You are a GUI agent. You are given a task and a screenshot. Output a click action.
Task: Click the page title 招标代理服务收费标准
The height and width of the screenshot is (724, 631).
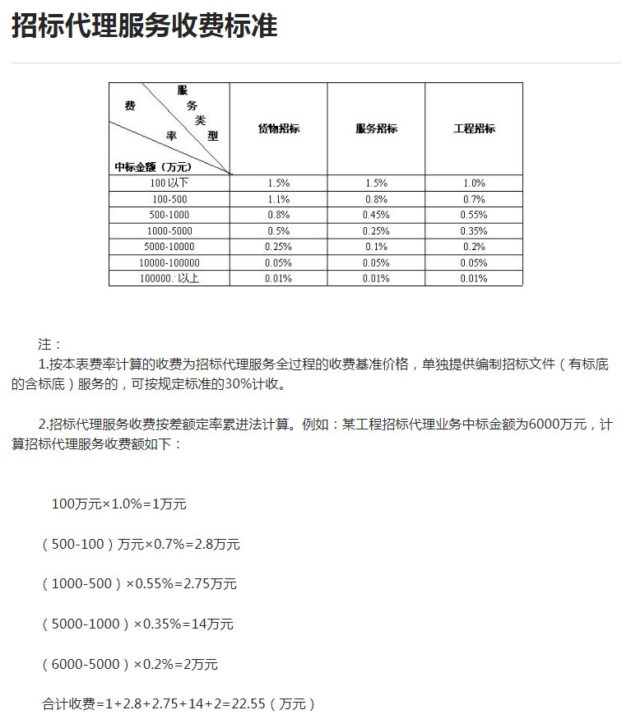145,26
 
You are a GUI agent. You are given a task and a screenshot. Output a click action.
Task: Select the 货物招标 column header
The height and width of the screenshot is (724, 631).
279,128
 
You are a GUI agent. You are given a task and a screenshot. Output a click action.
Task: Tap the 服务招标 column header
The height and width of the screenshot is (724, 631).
376,128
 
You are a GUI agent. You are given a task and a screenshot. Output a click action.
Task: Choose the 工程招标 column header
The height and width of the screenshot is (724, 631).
474,128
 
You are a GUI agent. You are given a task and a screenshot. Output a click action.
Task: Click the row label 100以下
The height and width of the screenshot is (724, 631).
169,183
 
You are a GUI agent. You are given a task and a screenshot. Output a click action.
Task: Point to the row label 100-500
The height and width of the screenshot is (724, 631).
169,199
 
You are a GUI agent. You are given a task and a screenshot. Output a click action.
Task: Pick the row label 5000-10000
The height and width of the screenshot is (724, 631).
169,247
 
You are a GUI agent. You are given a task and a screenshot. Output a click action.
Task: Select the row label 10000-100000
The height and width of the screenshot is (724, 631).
169,262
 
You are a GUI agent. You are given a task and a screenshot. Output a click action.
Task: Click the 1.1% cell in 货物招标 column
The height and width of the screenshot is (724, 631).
279,199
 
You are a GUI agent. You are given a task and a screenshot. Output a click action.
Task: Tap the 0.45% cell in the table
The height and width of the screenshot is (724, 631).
376,215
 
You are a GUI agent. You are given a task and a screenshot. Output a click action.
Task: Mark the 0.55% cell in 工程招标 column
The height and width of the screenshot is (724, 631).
474,215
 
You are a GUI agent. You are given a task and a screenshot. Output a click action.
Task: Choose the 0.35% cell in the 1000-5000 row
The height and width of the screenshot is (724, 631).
474,231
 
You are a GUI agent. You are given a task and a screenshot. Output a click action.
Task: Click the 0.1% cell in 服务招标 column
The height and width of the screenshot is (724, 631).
376,247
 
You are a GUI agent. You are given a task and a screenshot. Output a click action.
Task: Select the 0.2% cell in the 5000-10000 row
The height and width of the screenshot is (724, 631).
474,247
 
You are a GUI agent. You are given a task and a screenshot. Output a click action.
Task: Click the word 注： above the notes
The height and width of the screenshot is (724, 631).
49,344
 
